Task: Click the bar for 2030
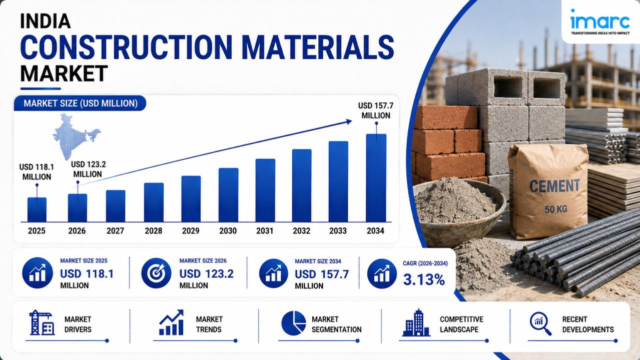click(228, 195)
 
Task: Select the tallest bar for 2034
click(376, 178)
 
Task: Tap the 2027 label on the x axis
click(115, 230)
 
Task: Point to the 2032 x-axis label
click(301, 230)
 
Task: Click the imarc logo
click(600, 21)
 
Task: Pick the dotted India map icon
click(76, 136)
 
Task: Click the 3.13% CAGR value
click(424, 279)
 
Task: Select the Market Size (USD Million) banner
click(80, 103)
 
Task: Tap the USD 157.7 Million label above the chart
click(376, 110)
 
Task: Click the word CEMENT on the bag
click(554, 186)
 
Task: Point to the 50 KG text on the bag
click(556, 209)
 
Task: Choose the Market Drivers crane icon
click(42, 322)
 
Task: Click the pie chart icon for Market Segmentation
click(294, 323)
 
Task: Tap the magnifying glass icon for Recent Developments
click(540, 323)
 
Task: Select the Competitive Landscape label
click(461, 324)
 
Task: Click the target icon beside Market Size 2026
click(156, 273)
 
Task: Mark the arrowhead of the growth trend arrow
click(349, 121)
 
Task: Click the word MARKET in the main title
click(64, 73)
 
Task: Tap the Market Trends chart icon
click(171, 322)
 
